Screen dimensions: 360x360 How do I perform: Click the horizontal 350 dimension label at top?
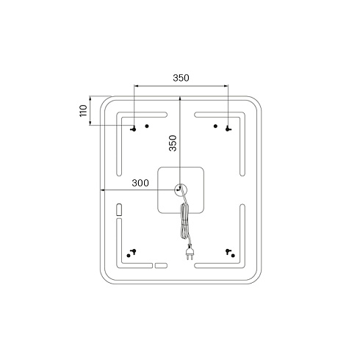[x=181, y=78]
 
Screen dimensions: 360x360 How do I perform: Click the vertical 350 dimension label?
[x=173, y=143]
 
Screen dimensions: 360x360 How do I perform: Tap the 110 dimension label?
[x=84, y=111]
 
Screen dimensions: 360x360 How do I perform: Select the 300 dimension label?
[x=140, y=183]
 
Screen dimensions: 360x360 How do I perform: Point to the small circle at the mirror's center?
[x=181, y=190]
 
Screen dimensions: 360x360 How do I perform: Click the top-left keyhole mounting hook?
[x=134, y=129]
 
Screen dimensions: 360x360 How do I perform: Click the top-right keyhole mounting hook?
[x=228, y=129]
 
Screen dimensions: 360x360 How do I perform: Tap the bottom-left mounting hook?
[x=134, y=251]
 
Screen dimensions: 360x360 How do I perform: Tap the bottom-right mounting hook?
[x=228, y=251]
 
